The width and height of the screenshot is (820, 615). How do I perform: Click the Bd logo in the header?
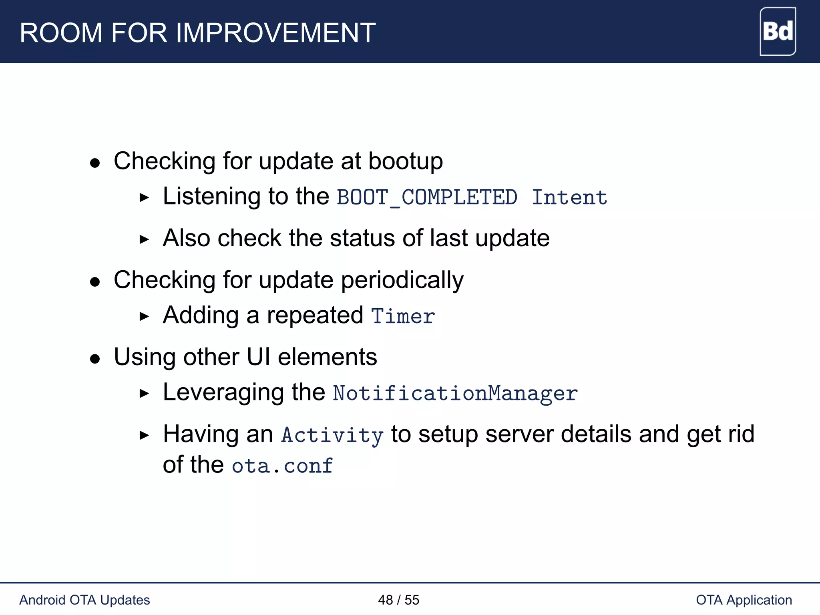click(x=777, y=31)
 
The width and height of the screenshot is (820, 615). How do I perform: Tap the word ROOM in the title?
click(x=61, y=33)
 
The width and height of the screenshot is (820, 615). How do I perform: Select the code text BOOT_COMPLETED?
click(x=427, y=197)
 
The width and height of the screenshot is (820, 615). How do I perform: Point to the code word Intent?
click(x=569, y=197)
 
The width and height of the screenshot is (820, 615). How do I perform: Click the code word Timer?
click(x=403, y=316)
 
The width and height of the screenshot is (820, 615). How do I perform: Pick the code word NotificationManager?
click(x=455, y=393)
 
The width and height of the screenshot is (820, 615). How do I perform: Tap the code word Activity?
click(x=332, y=435)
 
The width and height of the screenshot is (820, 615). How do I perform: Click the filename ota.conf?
click(x=282, y=466)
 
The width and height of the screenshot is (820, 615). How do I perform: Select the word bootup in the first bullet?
click(x=405, y=162)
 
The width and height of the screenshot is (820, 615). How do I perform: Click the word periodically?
click(x=402, y=280)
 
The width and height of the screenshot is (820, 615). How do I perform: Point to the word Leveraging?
click(x=223, y=393)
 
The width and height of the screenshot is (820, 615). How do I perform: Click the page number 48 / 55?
click(x=398, y=600)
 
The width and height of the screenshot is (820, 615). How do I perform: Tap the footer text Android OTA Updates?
click(x=84, y=600)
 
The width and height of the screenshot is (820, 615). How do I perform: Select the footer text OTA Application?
click(x=744, y=600)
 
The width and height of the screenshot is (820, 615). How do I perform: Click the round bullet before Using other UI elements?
click(x=95, y=358)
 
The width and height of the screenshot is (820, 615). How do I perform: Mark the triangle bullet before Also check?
click(x=144, y=239)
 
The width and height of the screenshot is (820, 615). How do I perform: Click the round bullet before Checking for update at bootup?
click(x=95, y=163)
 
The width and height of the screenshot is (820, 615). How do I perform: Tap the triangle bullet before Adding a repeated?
click(x=144, y=316)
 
